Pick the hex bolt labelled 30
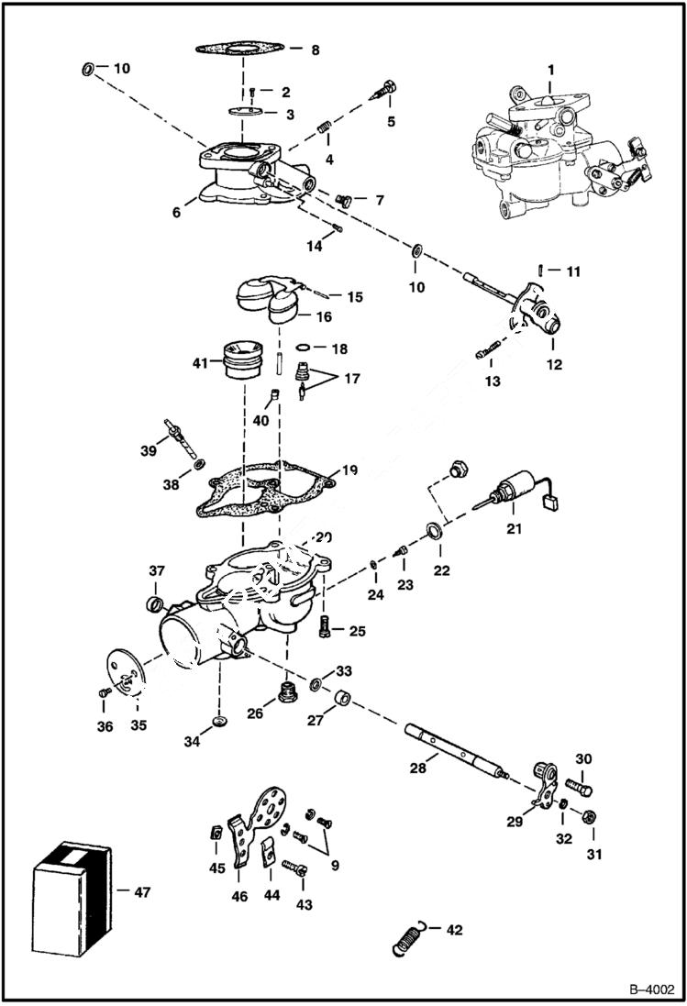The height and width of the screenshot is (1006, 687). click(579, 788)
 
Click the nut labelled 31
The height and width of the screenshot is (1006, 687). click(591, 814)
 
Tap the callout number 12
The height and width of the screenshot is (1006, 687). click(554, 364)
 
